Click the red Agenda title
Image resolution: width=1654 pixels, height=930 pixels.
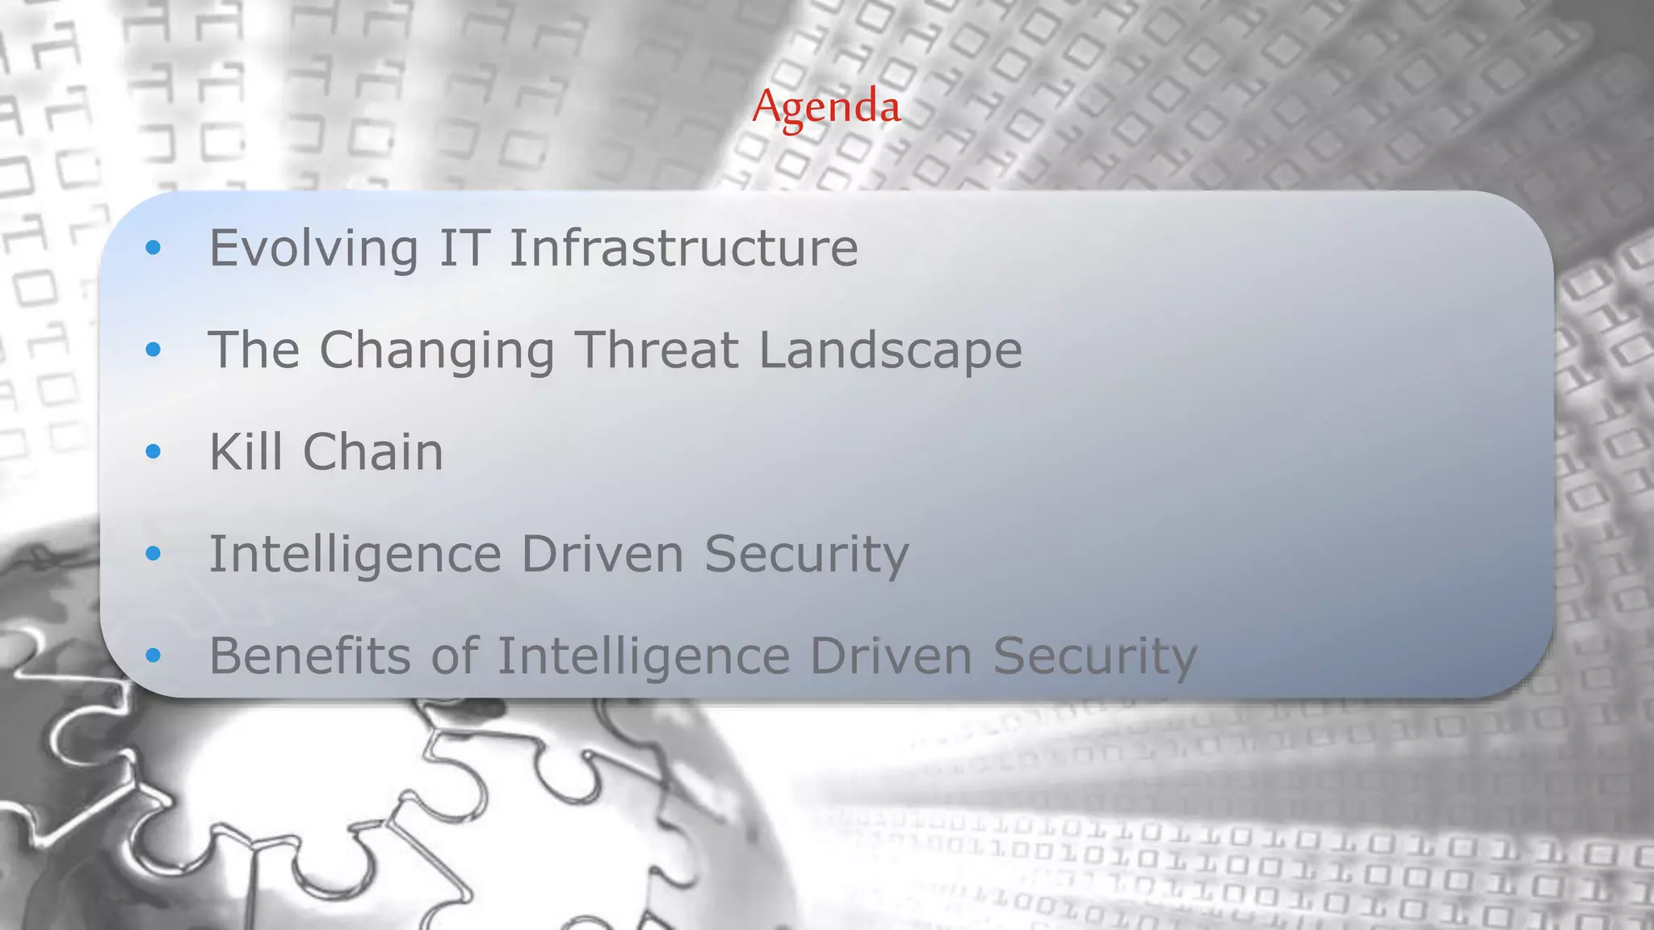coord(826,107)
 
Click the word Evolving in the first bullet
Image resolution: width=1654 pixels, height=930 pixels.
coord(313,248)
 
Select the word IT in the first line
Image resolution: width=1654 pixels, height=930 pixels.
coord(464,248)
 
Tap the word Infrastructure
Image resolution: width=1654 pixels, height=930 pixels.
coord(683,248)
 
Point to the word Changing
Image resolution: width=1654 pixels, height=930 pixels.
coord(437,351)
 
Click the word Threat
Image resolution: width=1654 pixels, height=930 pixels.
coord(657,350)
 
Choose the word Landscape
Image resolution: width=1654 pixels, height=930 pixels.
coord(890,351)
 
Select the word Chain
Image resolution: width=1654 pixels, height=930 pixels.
coord(373,451)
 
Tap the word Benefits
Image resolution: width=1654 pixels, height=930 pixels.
coord(310,656)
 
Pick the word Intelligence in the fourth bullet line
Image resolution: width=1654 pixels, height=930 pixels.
coord(355,555)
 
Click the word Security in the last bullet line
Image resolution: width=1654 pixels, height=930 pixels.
coord(1094,657)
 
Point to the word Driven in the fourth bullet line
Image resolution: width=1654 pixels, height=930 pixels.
coord(602,555)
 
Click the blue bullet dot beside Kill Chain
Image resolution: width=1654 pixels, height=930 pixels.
coord(153,451)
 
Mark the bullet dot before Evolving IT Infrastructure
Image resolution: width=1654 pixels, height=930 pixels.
coord(153,248)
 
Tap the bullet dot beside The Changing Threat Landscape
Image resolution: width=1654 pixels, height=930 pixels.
coord(153,350)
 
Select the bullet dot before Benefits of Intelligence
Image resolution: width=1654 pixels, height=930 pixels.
coord(153,656)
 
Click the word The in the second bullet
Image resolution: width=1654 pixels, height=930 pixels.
coord(254,350)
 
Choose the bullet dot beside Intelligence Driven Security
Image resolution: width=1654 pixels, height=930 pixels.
coord(153,554)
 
